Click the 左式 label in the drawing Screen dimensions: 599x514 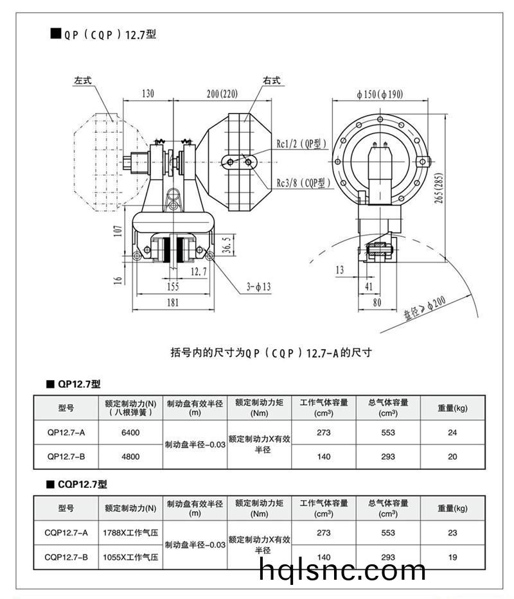point(84,82)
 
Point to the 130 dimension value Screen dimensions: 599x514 point(147,94)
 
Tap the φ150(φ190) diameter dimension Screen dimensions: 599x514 point(380,94)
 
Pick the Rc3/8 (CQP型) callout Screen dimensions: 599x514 point(304,183)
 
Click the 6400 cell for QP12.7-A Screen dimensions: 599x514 point(130,433)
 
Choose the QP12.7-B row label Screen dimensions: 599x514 point(66,456)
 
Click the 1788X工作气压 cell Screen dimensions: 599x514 point(130,532)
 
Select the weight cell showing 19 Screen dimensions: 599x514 point(452,557)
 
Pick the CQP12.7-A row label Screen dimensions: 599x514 point(66,532)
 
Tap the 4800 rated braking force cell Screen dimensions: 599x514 point(130,456)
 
